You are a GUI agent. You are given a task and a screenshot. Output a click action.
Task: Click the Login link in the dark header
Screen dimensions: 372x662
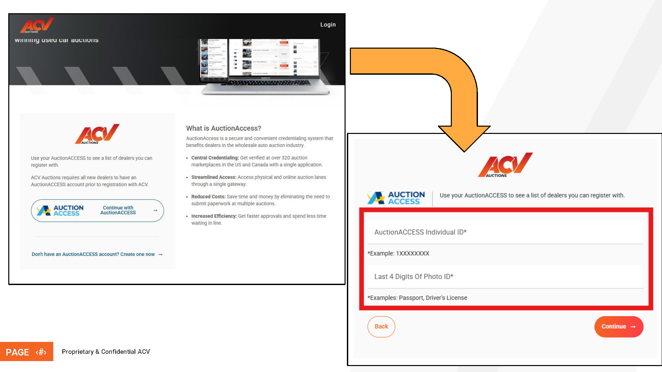coord(328,25)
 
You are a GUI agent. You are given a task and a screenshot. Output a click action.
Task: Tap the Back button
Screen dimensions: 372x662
coord(381,327)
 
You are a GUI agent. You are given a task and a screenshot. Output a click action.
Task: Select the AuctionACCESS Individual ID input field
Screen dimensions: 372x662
coord(505,232)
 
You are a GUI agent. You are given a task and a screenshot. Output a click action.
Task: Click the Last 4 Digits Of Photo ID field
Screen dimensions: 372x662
coord(505,277)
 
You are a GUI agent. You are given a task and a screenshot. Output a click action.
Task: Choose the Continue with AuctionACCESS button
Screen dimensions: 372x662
coord(97,211)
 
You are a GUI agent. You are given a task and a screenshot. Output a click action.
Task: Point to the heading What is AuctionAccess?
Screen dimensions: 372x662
coord(223,128)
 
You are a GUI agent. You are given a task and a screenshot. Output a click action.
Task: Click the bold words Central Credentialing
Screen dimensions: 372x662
coord(215,158)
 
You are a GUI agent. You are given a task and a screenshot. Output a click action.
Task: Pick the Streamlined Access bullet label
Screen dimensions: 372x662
coord(213,177)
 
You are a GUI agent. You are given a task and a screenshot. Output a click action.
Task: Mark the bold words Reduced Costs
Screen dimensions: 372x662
coord(208,197)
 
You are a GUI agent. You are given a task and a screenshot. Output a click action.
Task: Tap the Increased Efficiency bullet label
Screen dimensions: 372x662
coord(214,216)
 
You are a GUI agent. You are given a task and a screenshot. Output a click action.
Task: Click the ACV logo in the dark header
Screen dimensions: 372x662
coord(36,25)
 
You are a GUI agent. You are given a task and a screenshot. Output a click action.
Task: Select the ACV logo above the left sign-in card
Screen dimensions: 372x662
coord(97,134)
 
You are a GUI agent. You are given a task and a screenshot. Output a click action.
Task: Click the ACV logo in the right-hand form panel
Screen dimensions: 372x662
coord(505,165)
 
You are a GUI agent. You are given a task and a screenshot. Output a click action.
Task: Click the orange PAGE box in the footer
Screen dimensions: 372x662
coord(26,352)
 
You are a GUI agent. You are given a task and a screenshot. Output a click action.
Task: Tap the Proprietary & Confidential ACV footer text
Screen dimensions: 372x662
coord(106,352)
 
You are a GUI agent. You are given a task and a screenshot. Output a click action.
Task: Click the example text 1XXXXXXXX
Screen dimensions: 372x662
coord(412,254)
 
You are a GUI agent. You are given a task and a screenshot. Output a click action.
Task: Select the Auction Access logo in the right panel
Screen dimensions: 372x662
coord(396,198)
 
